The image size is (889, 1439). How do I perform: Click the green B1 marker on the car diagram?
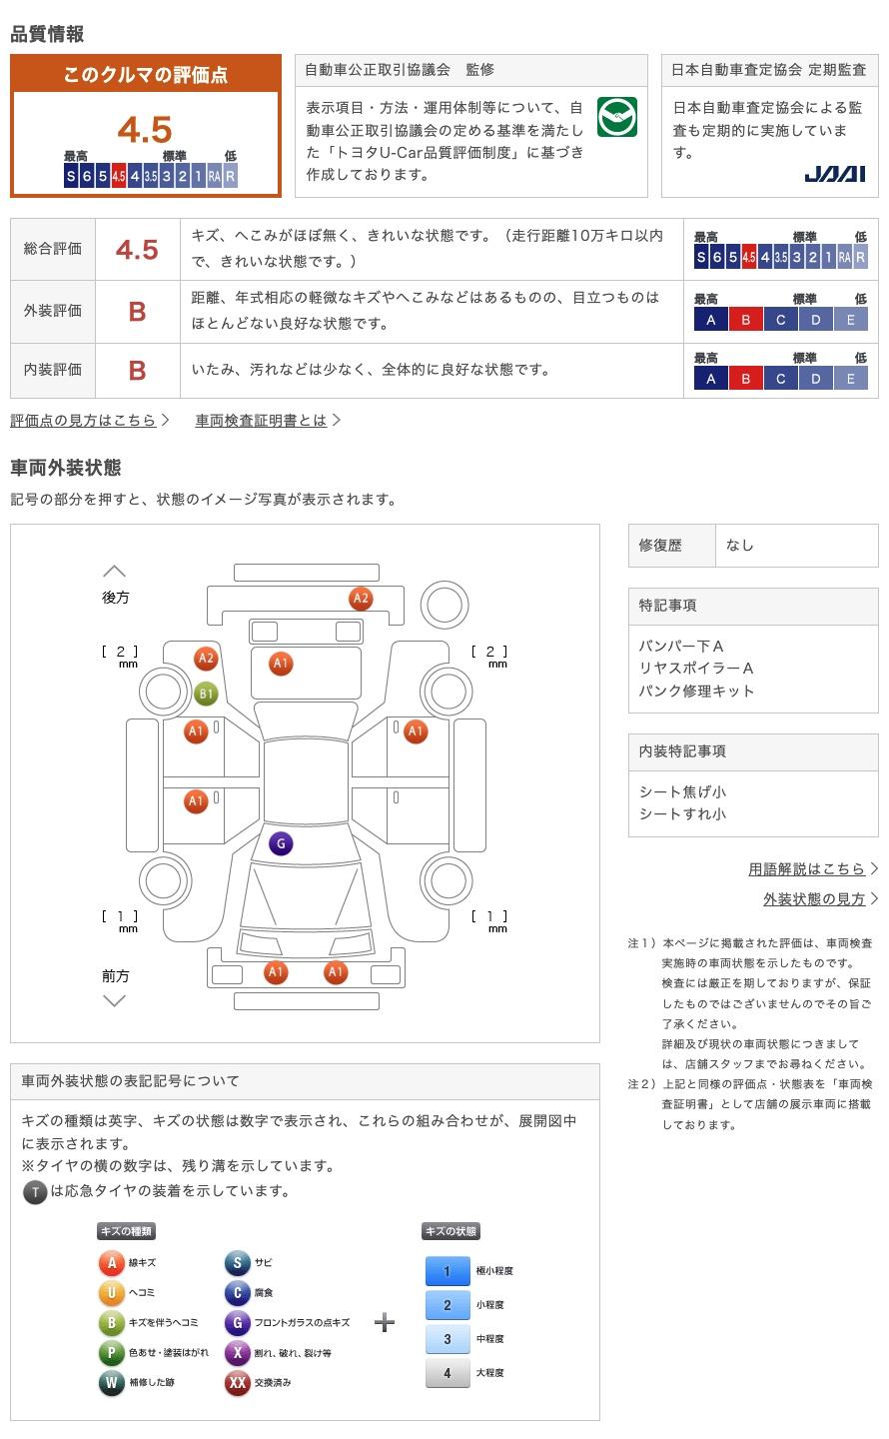pyautogui.click(x=206, y=694)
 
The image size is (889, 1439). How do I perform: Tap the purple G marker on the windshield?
pyautogui.click(x=281, y=843)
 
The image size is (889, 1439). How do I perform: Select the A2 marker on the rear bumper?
pyautogui.click(x=361, y=599)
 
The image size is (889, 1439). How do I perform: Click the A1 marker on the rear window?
pyautogui.click(x=281, y=664)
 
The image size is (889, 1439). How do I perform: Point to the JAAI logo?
pyautogui.click(x=834, y=174)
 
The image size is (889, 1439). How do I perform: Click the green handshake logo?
pyautogui.click(x=617, y=117)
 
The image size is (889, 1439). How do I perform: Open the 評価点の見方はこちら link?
pyautogui.click(x=83, y=420)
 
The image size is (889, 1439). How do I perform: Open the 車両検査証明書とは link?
pyautogui.click(x=261, y=420)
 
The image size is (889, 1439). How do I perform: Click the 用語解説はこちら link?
pyautogui.click(x=806, y=868)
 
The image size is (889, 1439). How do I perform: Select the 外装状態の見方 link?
pyautogui.click(x=814, y=898)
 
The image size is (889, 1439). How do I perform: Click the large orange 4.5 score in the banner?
pyautogui.click(x=145, y=130)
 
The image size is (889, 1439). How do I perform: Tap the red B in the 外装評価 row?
pyautogui.click(x=137, y=312)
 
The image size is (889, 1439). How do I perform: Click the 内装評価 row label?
pyautogui.click(x=53, y=370)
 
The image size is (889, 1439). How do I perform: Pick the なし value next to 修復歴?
pyautogui.click(x=739, y=546)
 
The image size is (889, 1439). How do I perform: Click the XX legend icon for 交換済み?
pyautogui.click(x=238, y=1382)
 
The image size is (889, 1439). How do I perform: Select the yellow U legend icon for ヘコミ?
pyautogui.click(x=111, y=1292)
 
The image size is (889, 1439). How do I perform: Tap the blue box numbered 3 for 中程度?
pyautogui.click(x=447, y=1339)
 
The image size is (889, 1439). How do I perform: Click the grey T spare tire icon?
pyautogui.click(x=35, y=1192)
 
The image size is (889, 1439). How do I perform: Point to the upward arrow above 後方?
pyautogui.click(x=114, y=572)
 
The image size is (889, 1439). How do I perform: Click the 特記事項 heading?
pyautogui.click(x=667, y=606)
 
